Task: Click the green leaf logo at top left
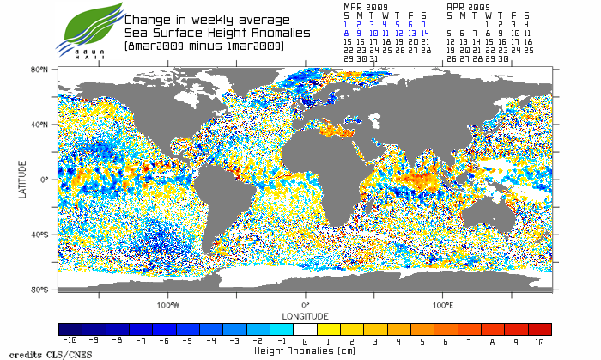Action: (x=86, y=27)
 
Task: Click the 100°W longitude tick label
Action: (x=168, y=305)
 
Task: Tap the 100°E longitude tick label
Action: (x=442, y=305)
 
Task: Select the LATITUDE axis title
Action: (x=23, y=180)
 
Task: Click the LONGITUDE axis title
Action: (x=305, y=314)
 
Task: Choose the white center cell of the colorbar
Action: (x=305, y=329)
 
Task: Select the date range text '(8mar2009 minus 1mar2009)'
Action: (x=203, y=45)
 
